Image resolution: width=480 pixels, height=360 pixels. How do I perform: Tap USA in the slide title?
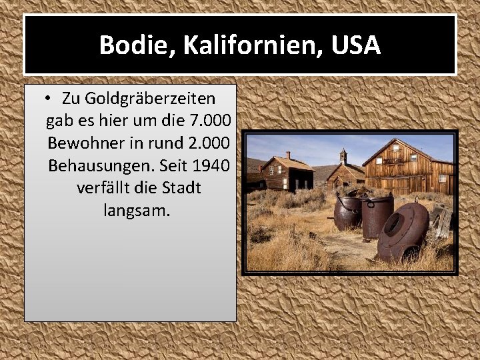coord(355,45)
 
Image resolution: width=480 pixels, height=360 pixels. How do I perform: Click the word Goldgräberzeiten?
coord(139,99)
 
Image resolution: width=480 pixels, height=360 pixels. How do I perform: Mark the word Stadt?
coord(179,188)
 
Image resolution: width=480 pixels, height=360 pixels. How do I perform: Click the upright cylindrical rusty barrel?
coord(377,215)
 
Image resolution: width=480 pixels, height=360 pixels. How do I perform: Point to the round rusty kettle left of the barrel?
coord(347,213)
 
